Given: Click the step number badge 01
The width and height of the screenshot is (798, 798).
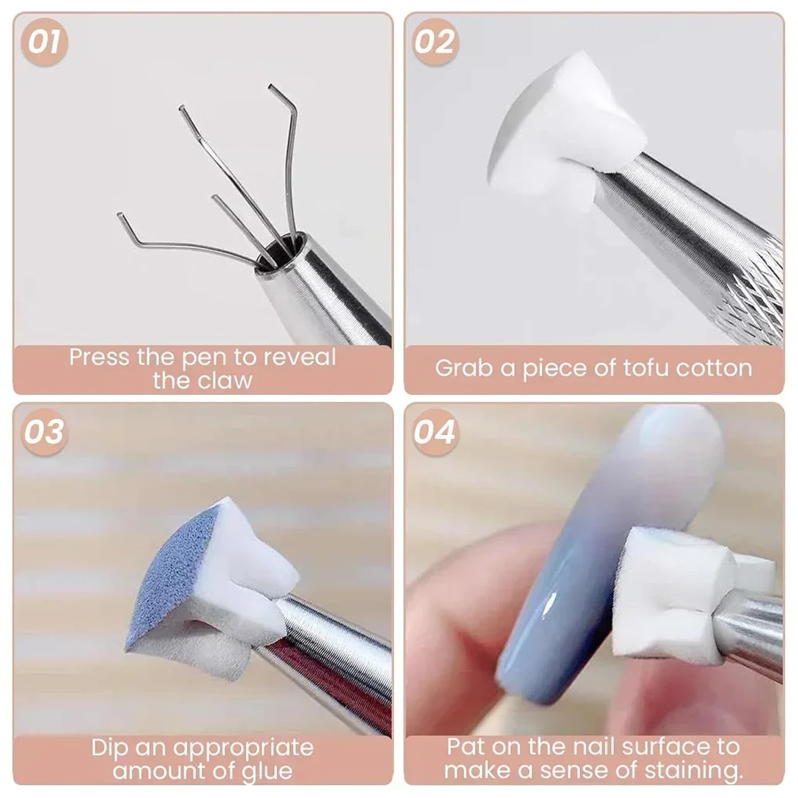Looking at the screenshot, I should click(x=45, y=42).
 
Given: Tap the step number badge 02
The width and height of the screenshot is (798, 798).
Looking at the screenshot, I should click(x=435, y=42).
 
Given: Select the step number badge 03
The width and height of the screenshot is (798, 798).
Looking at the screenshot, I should click(x=45, y=431).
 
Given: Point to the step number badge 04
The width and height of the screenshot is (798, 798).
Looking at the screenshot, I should click(x=435, y=431).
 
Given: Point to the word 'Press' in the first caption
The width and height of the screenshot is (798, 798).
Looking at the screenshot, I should click(x=100, y=357).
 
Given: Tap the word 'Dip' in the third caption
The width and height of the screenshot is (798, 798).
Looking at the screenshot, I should click(x=110, y=748).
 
